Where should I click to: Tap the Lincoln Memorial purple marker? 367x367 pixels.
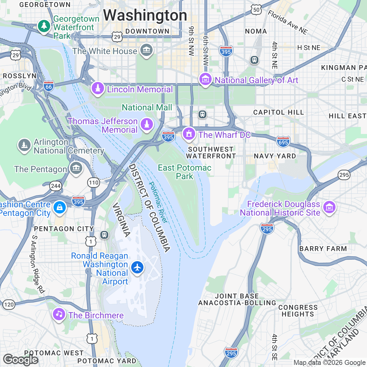tap(98, 88)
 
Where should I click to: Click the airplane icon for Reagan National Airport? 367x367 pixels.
tap(137, 267)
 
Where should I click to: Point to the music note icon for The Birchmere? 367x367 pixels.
tap(59, 314)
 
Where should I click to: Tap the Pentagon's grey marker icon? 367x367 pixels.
tap(76, 168)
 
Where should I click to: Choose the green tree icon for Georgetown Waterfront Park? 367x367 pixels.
tap(44, 26)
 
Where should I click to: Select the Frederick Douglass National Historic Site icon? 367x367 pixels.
tap(329, 208)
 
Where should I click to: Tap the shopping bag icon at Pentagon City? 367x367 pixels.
tap(60, 208)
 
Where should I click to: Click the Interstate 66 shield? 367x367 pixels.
tap(49, 87)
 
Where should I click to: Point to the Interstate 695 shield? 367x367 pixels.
tap(283, 142)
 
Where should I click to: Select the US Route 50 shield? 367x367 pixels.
tap(256, 10)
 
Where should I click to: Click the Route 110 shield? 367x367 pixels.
tap(94, 183)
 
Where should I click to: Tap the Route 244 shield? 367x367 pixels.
tap(56, 186)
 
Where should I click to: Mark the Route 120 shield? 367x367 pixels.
tap(9, 304)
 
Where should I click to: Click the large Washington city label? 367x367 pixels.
tap(145, 15)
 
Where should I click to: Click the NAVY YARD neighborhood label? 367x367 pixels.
tap(275, 156)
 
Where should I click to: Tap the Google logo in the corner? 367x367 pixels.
tap(20, 360)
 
